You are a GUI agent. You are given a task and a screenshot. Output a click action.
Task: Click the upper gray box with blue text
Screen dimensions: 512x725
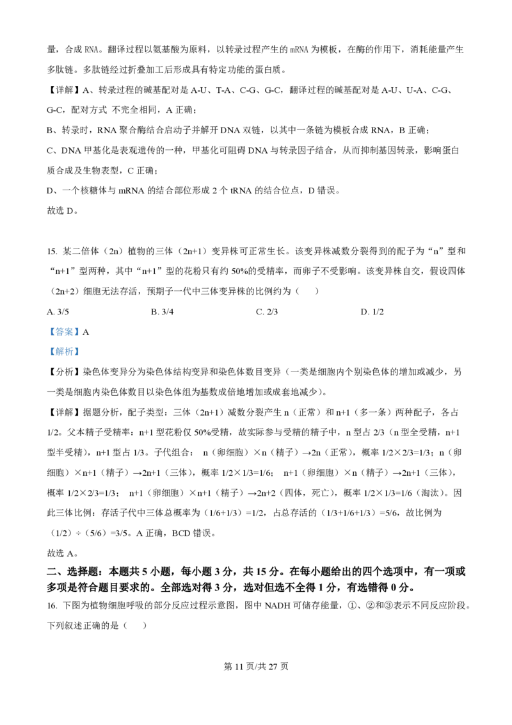click(64, 330)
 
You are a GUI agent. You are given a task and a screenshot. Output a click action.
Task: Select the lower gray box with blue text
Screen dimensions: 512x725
click(64, 351)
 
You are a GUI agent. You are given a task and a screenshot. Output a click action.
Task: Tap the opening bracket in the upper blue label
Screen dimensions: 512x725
click(52, 331)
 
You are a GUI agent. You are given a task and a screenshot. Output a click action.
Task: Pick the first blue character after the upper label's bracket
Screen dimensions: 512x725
click(56, 331)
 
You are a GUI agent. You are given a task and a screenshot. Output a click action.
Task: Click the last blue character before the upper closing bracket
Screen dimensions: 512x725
click(74, 331)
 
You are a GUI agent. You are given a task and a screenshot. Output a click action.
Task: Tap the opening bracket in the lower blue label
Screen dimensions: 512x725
click(52, 352)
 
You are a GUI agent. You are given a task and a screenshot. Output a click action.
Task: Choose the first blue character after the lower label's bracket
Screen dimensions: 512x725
click(56, 352)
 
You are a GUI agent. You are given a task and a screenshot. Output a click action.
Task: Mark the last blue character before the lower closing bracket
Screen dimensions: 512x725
click(74, 352)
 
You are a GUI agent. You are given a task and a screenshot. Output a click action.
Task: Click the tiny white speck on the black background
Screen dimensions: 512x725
click(184, 391)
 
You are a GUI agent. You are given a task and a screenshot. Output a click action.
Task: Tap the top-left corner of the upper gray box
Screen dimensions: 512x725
click(46, 323)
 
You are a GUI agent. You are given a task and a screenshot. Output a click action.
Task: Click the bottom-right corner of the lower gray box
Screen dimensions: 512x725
click(82, 359)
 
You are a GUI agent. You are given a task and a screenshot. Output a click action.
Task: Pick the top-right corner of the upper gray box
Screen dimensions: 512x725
click(82, 323)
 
